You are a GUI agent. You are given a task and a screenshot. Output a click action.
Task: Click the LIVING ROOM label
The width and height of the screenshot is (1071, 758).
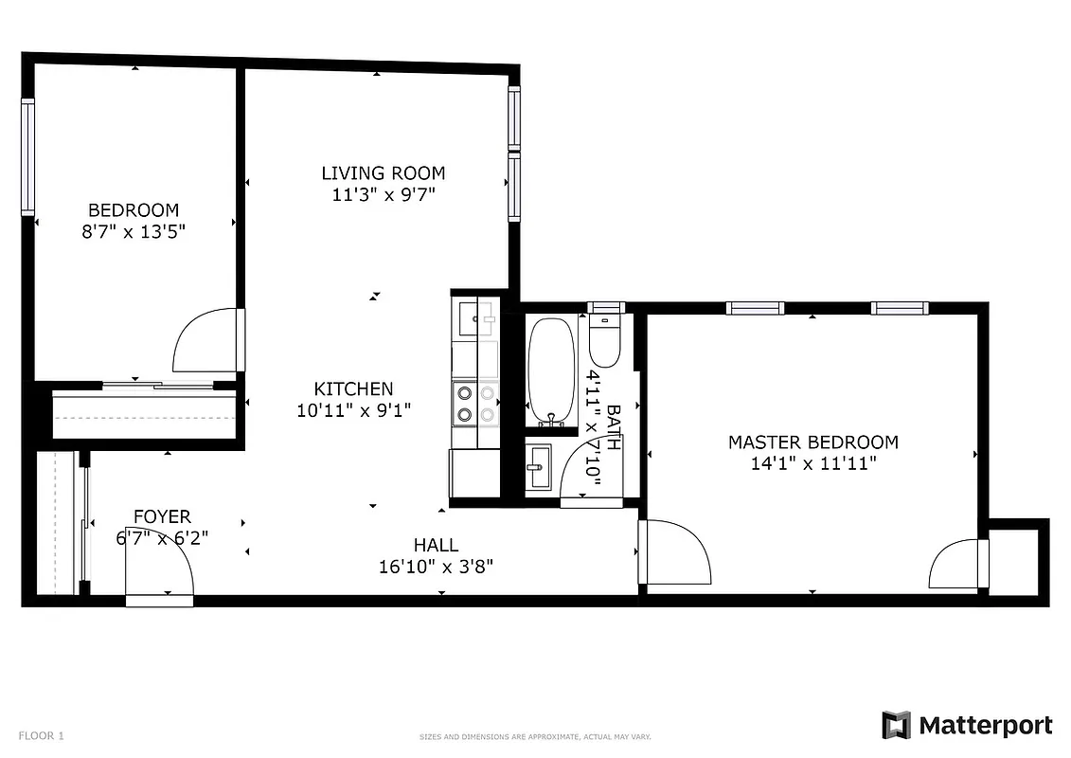pyautogui.click(x=383, y=172)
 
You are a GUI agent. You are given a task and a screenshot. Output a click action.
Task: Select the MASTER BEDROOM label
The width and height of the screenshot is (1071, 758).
pyautogui.click(x=812, y=442)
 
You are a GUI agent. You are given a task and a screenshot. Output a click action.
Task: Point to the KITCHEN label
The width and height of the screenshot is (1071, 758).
pyautogui.click(x=353, y=388)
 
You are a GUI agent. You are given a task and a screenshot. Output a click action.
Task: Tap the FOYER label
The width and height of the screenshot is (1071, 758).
pyautogui.click(x=162, y=516)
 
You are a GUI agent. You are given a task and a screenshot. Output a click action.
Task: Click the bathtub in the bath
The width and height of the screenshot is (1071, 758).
pyautogui.click(x=551, y=370)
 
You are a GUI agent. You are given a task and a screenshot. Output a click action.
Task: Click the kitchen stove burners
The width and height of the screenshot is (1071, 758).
pyautogui.click(x=465, y=402)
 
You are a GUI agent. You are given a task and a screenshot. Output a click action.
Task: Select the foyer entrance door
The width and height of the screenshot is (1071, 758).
pyautogui.click(x=159, y=572)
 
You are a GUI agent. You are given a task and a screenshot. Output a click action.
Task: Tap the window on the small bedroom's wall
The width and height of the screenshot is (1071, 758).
pyautogui.click(x=27, y=156)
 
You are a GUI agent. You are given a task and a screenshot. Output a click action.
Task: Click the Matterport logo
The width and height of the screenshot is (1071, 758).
pyautogui.click(x=967, y=726)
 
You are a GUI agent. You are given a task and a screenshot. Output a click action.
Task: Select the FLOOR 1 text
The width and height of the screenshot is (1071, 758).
pyautogui.click(x=41, y=735)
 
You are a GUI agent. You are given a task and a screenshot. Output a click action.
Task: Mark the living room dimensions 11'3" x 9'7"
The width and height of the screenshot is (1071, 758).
pyautogui.click(x=383, y=194)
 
